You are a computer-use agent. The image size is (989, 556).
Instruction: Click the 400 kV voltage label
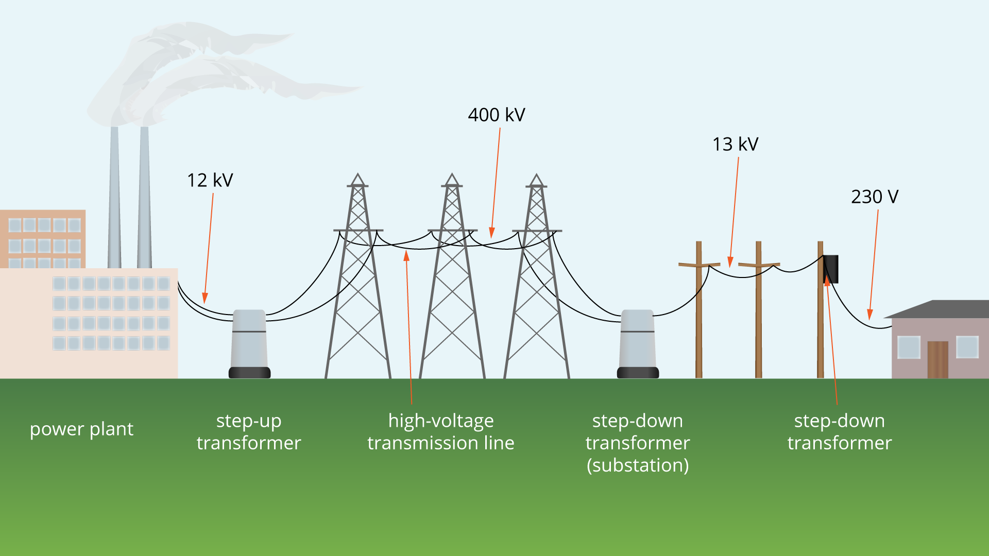496,115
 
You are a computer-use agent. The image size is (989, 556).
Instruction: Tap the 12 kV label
210,180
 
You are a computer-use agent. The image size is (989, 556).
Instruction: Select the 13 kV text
735,144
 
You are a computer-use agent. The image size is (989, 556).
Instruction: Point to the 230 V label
874,197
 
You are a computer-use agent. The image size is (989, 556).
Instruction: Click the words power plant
81,429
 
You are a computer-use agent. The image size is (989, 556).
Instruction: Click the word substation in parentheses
638,465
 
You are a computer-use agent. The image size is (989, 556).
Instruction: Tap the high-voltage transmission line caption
440,431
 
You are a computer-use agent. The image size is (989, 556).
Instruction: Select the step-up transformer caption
249,431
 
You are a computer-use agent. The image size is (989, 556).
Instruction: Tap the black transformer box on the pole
830,269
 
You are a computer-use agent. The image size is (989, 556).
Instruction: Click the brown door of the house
937,359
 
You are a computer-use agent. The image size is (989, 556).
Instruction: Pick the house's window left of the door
909,347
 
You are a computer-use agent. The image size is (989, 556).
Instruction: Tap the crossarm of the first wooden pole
699,265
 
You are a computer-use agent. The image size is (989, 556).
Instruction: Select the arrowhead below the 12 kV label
205,299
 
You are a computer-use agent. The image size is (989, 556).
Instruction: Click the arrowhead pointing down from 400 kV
492,233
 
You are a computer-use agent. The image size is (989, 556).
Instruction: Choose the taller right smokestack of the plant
144,196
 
